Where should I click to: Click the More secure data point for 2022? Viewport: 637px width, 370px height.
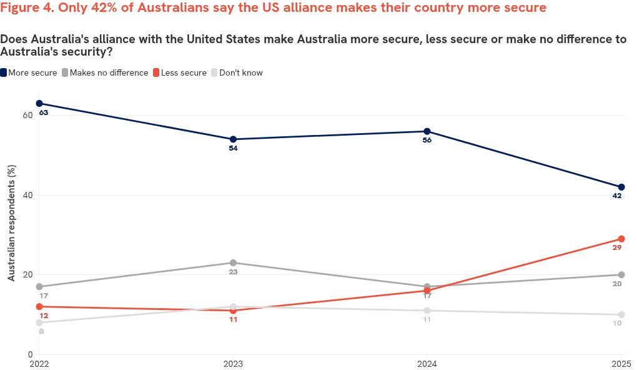[39, 103]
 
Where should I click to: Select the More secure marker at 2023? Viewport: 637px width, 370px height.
[233, 139]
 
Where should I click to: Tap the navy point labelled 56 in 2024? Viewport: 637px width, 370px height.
[427, 131]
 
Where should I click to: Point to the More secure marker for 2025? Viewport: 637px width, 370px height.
[621, 187]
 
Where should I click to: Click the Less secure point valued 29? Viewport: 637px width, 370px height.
[621, 239]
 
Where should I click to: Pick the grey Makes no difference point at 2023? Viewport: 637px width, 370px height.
[233, 262]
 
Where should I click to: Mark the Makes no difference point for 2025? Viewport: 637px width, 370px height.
[621, 275]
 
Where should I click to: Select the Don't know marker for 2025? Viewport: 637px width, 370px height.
[621, 314]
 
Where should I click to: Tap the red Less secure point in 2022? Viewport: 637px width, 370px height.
[39, 306]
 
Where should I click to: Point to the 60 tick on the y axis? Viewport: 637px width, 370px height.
[28, 115]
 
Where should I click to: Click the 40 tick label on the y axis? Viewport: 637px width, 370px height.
[28, 195]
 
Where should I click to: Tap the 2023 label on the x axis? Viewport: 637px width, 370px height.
[233, 362]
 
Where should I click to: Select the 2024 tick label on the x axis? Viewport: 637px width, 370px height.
[427, 362]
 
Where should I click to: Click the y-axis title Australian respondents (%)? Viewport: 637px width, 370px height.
[11, 222]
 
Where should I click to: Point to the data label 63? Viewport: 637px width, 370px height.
[44, 113]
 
